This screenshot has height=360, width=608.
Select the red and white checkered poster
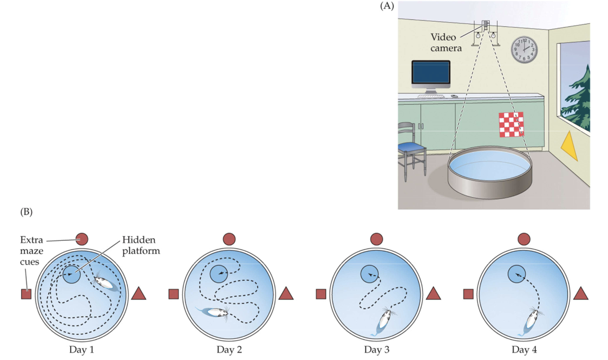coord(512,125)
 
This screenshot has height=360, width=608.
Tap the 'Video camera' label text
coord(447,42)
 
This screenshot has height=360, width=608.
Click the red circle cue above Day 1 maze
coord(82,239)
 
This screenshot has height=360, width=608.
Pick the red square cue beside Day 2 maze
coord(174,294)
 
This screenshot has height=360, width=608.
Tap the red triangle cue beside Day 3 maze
coord(434,294)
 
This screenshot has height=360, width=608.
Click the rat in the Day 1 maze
coord(104,283)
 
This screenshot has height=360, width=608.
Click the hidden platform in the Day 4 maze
coord(516,274)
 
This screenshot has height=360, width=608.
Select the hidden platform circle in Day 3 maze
coord(369,274)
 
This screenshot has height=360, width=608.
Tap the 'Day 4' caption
coord(524,350)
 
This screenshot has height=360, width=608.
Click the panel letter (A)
coord(387,6)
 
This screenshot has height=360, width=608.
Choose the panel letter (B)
coord(26,212)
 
